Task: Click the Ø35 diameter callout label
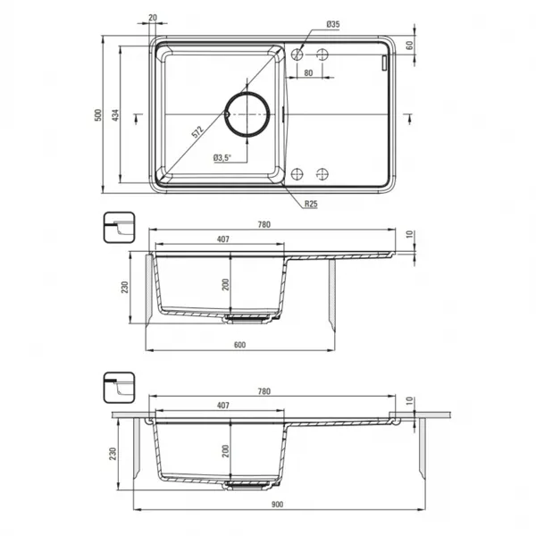(333, 24)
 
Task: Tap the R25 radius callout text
(311, 204)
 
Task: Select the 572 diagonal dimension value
(197, 132)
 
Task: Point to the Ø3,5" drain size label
(222, 157)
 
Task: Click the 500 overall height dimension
(98, 115)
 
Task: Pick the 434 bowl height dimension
(115, 115)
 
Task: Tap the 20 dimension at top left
(153, 18)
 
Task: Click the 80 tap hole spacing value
(308, 73)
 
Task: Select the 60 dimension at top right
(409, 46)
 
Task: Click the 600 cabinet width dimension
(239, 345)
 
